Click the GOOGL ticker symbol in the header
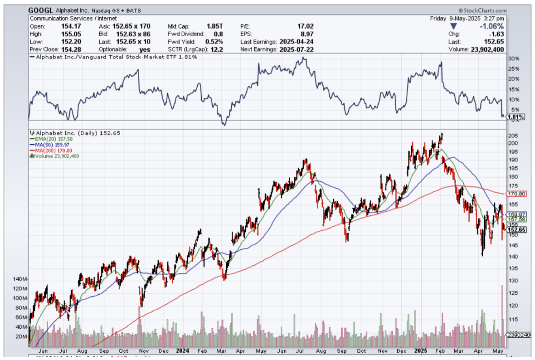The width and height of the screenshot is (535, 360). (40, 10)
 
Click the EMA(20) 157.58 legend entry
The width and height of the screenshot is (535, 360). (49, 139)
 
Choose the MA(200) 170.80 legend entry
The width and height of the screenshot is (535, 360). (51, 150)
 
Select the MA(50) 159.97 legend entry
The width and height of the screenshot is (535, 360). (49, 145)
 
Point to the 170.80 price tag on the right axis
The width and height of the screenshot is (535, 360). (516, 194)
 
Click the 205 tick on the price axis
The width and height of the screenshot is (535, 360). (512, 136)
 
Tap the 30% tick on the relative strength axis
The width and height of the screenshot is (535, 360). (513, 59)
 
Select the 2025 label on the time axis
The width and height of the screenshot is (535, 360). (421, 350)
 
